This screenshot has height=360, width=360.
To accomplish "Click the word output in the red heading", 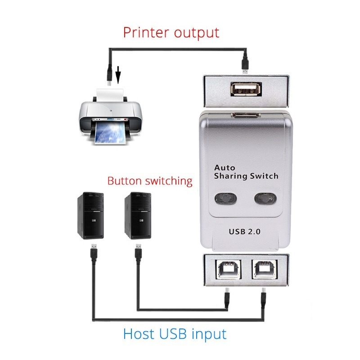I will point(198,33).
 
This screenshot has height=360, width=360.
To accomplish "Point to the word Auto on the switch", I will point(225,167).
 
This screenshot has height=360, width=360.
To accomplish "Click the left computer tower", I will point(90,215).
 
